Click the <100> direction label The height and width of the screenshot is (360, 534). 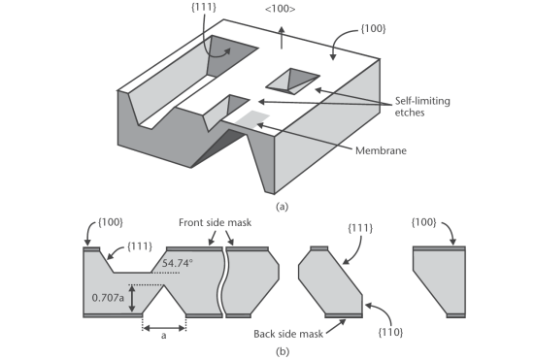click(x=280, y=9)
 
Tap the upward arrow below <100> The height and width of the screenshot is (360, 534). click(x=282, y=38)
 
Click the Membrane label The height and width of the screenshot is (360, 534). click(x=381, y=150)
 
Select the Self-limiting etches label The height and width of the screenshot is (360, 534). click(x=422, y=107)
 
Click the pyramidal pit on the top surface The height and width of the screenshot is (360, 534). click(x=293, y=81)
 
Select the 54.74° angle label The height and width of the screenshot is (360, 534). click(x=177, y=263)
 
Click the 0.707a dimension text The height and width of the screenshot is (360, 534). click(x=108, y=298)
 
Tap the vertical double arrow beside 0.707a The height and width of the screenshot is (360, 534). click(x=132, y=299)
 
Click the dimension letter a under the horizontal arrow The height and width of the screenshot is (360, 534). click(x=164, y=336)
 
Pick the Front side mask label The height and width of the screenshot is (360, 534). click(x=215, y=222)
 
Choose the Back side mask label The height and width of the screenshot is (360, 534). click(x=288, y=334)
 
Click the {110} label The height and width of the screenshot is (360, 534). click(x=390, y=332)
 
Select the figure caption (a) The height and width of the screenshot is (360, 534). click(x=282, y=207)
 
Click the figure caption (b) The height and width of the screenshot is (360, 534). click(x=283, y=351)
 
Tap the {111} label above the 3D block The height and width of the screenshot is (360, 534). click(x=203, y=8)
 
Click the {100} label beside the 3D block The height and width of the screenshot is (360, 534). click(x=373, y=29)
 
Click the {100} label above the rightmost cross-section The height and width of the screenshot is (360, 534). click(x=423, y=222)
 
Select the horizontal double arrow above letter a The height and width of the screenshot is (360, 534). click(x=164, y=328)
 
